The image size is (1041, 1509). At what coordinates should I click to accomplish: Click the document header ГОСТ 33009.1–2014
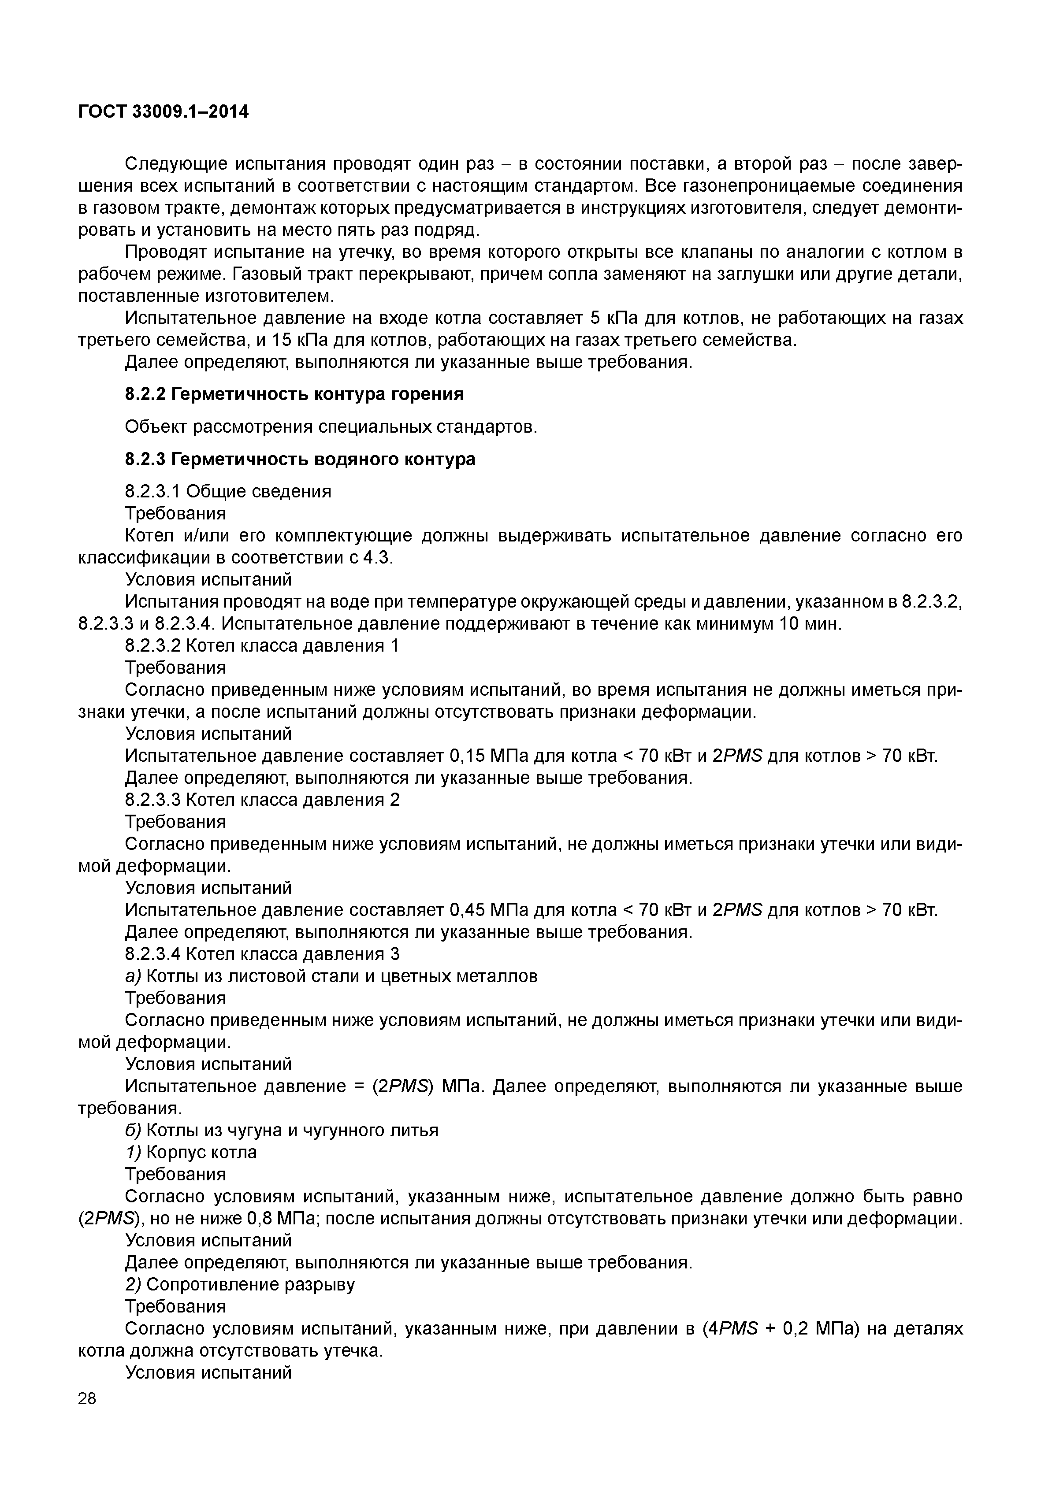click(163, 112)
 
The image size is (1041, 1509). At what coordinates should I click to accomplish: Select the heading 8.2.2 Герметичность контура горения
click(294, 394)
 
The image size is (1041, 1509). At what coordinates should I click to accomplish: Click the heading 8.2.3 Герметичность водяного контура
click(300, 459)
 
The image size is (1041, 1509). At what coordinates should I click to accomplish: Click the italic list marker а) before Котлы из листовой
click(133, 976)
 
